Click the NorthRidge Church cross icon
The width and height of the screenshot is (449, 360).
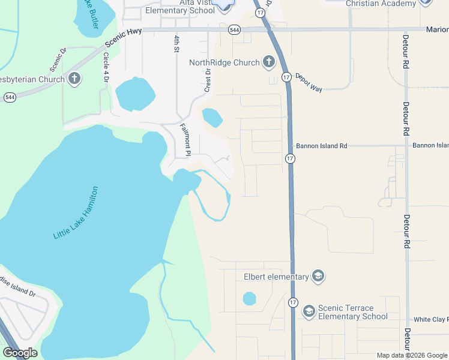[268, 62]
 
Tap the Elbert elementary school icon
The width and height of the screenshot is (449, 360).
[318, 277]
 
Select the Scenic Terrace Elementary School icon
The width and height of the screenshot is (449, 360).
[309, 310]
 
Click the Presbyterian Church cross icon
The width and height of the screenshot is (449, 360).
[74, 79]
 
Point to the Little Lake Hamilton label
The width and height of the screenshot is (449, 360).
[76, 213]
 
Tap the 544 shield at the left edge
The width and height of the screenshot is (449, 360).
[10, 97]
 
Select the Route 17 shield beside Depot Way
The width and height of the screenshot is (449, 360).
[286, 77]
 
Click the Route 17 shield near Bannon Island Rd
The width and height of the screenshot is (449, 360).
[290, 158]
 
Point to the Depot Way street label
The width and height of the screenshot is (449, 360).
[309, 84]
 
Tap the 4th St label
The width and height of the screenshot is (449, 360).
[177, 43]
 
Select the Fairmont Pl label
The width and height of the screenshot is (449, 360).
[185, 139]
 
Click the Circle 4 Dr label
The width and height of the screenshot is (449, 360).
[106, 68]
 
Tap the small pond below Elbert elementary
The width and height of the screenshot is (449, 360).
[249, 298]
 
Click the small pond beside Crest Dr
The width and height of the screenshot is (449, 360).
[212, 118]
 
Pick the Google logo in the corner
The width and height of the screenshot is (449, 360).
[20, 353]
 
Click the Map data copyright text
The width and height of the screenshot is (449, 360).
[412, 355]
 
